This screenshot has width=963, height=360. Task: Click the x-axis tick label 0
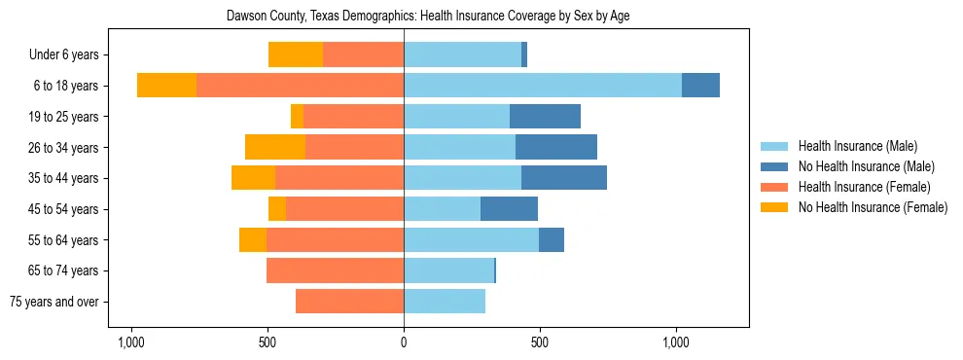point(404,342)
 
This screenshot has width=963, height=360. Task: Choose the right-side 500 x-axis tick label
point(540,342)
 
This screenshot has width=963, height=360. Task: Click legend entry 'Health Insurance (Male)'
point(858,146)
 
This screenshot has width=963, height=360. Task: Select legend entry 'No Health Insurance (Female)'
point(873,207)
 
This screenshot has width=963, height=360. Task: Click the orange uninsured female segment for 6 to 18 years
point(166,86)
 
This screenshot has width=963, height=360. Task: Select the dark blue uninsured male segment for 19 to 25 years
point(545,117)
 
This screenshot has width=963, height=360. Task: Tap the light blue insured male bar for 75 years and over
point(445,302)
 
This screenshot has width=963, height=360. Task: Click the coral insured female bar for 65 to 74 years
point(335,270)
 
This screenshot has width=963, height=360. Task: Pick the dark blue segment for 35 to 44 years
point(564,178)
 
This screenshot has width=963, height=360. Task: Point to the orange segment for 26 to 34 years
point(275,147)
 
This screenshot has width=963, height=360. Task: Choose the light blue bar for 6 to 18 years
point(543,86)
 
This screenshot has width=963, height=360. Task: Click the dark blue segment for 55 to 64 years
point(552,239)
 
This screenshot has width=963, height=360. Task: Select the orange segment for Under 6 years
point(296,55)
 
